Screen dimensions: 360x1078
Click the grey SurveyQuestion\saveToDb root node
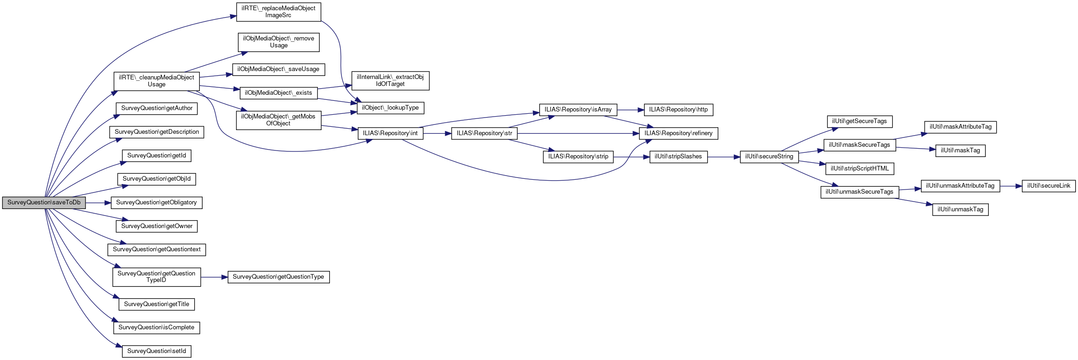pyautogui.click(x=44, y=203)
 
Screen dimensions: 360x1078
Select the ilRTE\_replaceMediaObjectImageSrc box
pyautogui.click(x=278, y=12)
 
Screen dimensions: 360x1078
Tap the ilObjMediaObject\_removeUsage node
pyautogui.click(x=278, y=42)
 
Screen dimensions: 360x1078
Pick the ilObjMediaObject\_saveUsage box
pyautogui.click(x=278, y=69)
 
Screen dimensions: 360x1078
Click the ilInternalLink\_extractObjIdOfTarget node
pyautogui.click(x=390, y=81)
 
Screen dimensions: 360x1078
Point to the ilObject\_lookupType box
pyautogui.click(x=390, y=108)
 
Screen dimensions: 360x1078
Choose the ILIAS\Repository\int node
pyautogui.click(x=390, y=133)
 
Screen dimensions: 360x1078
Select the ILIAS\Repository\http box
pyautogui.click(x=678, y=110)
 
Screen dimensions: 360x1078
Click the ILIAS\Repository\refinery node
pyautogui.click(x=678, y=133)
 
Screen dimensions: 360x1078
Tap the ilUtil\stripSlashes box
pyautogui.click(x=678, y=157)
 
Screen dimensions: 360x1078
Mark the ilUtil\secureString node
pyautogui.click(x=769, y=157)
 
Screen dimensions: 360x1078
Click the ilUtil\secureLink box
pyautogui.click(x=1049, y=186)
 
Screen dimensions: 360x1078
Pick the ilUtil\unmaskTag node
pyautogui.click(x=960, y=209)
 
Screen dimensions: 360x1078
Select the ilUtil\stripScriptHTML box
pyautogui.click(x=860, y=169)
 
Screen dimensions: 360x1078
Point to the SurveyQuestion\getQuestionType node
pyautogui.click(x=278, y=277)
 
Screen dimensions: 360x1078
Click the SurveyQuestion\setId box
pyautogui.click(x=157, y=351)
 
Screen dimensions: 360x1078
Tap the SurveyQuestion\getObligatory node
pyautogui.click(x=157, y=203)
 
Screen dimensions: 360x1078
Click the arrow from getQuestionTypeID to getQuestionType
pyautogui.click(x=214, y=277)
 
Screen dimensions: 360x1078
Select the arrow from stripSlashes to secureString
pyautogui.click(x=723, y=157)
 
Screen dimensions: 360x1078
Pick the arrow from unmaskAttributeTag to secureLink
pyautogui.click(x=1011, y=186)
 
